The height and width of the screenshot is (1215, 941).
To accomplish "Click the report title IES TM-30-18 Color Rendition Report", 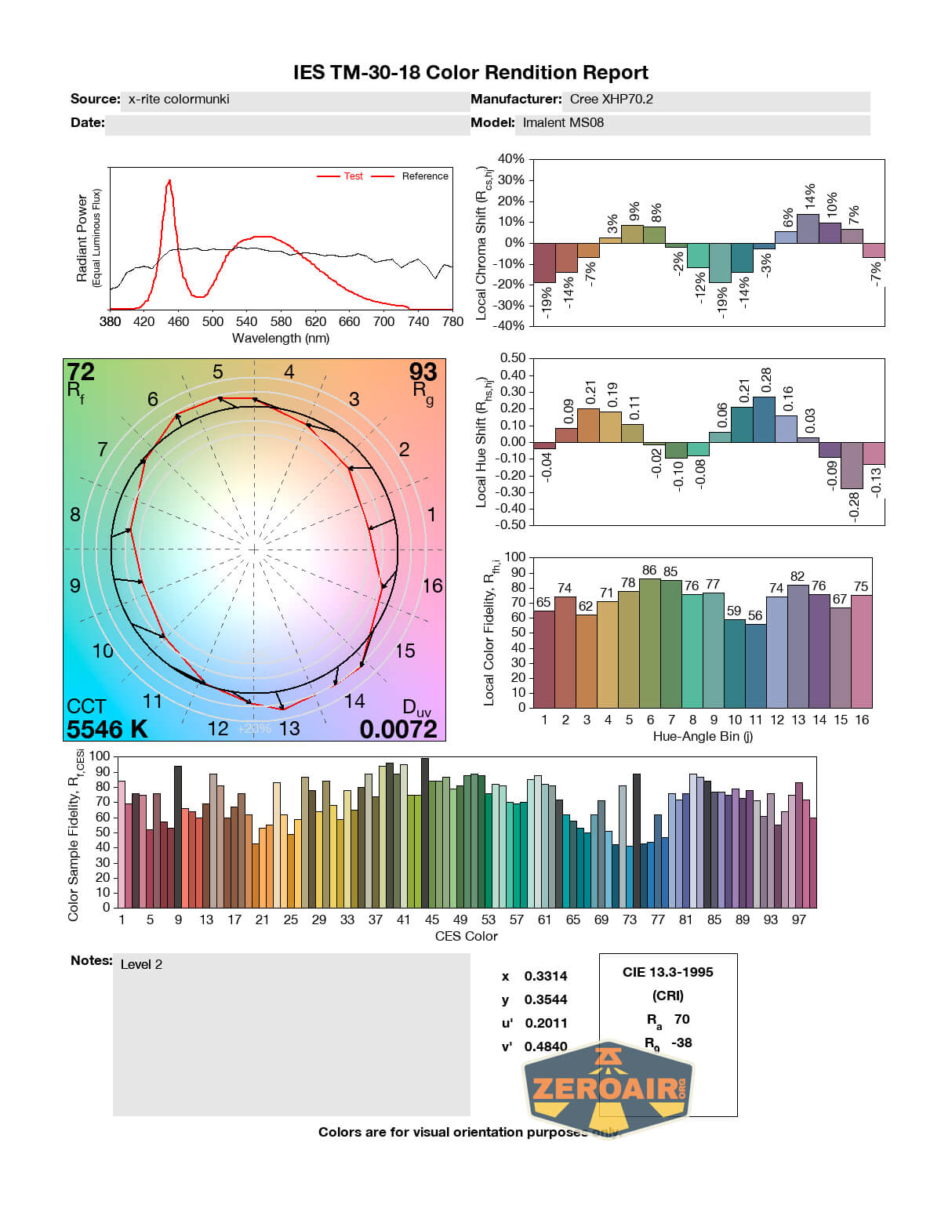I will tap(470, 73).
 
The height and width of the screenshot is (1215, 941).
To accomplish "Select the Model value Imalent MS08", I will tap(563, 123).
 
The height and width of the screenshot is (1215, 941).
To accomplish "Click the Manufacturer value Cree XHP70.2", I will tap(611, 100).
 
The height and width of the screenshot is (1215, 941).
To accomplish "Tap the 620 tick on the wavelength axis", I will tap(315, 321).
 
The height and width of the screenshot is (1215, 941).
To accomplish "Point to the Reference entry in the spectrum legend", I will tap(425, 176).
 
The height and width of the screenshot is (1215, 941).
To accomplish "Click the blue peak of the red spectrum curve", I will tap(169, 182).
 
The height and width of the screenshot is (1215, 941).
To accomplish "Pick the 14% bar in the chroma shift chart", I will tap(808, 228).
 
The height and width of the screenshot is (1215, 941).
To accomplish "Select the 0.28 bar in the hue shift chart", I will tap(764, 419).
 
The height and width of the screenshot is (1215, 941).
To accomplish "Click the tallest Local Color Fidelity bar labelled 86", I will tap(649, 643).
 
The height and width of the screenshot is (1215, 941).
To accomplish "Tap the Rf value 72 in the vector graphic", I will tap(81, 372).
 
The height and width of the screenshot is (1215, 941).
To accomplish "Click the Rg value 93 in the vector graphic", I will tap(423, 372).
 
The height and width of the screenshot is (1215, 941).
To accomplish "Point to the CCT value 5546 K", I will tap(107, 729).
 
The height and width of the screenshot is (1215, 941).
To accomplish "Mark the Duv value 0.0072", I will tap(398, 729).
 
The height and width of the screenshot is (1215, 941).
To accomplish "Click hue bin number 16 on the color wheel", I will tap(432, 586).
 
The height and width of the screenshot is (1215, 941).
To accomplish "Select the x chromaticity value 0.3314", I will tap(546, 977).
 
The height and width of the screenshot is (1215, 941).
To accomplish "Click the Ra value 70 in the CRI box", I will tap(681, 1019).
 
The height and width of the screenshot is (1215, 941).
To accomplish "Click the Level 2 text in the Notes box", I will tap(141, 965).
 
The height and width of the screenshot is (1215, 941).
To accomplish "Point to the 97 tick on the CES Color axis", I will tap(798, 919).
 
